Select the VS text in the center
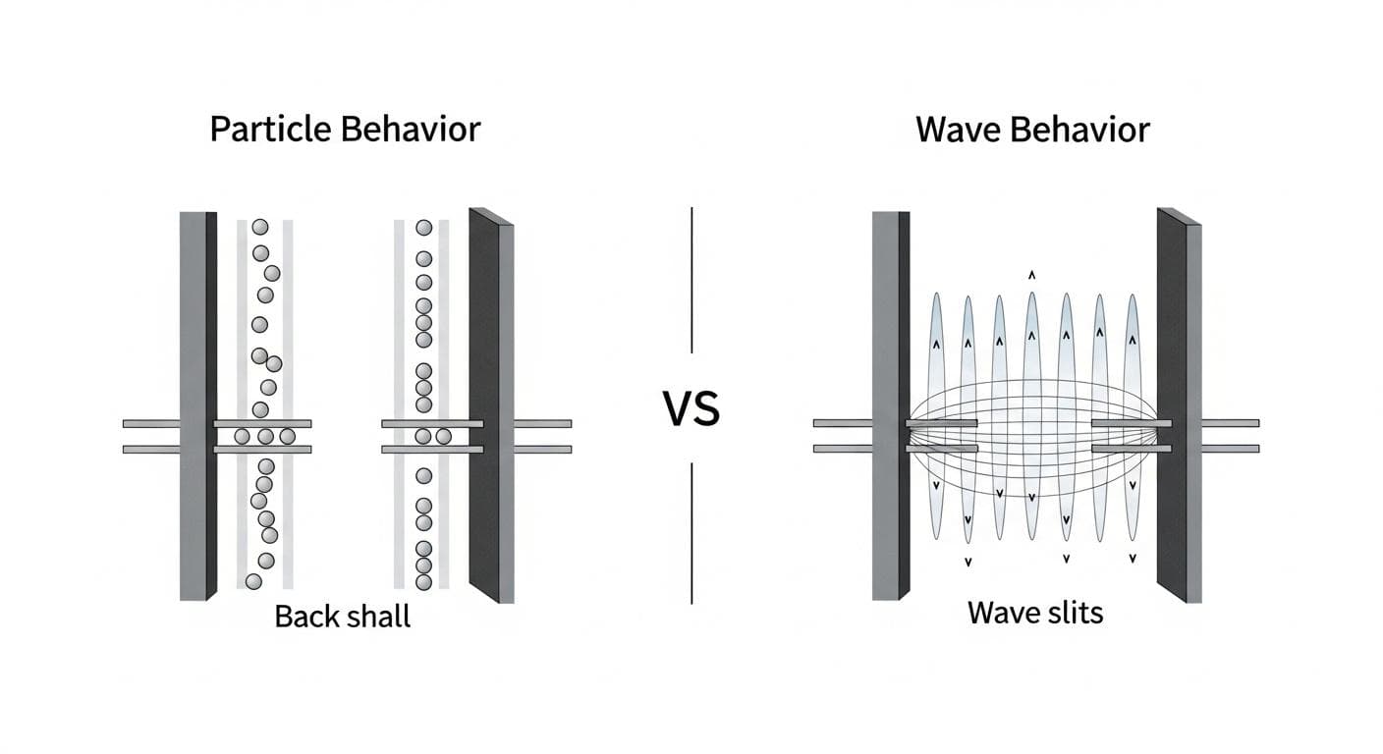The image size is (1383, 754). tap(691, 409)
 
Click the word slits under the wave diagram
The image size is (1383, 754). tap(1073, 613)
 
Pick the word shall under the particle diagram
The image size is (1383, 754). tap(376, 617)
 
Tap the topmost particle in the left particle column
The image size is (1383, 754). tap(259, 227)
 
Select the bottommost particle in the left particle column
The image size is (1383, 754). tap(253, 582)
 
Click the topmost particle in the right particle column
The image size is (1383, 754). tap(423, 227)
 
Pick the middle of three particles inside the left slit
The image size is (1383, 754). tap(265, 436)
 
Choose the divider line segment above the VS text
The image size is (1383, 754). tap(692, 280)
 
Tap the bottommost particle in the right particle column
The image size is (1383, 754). tap(423, 581)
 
